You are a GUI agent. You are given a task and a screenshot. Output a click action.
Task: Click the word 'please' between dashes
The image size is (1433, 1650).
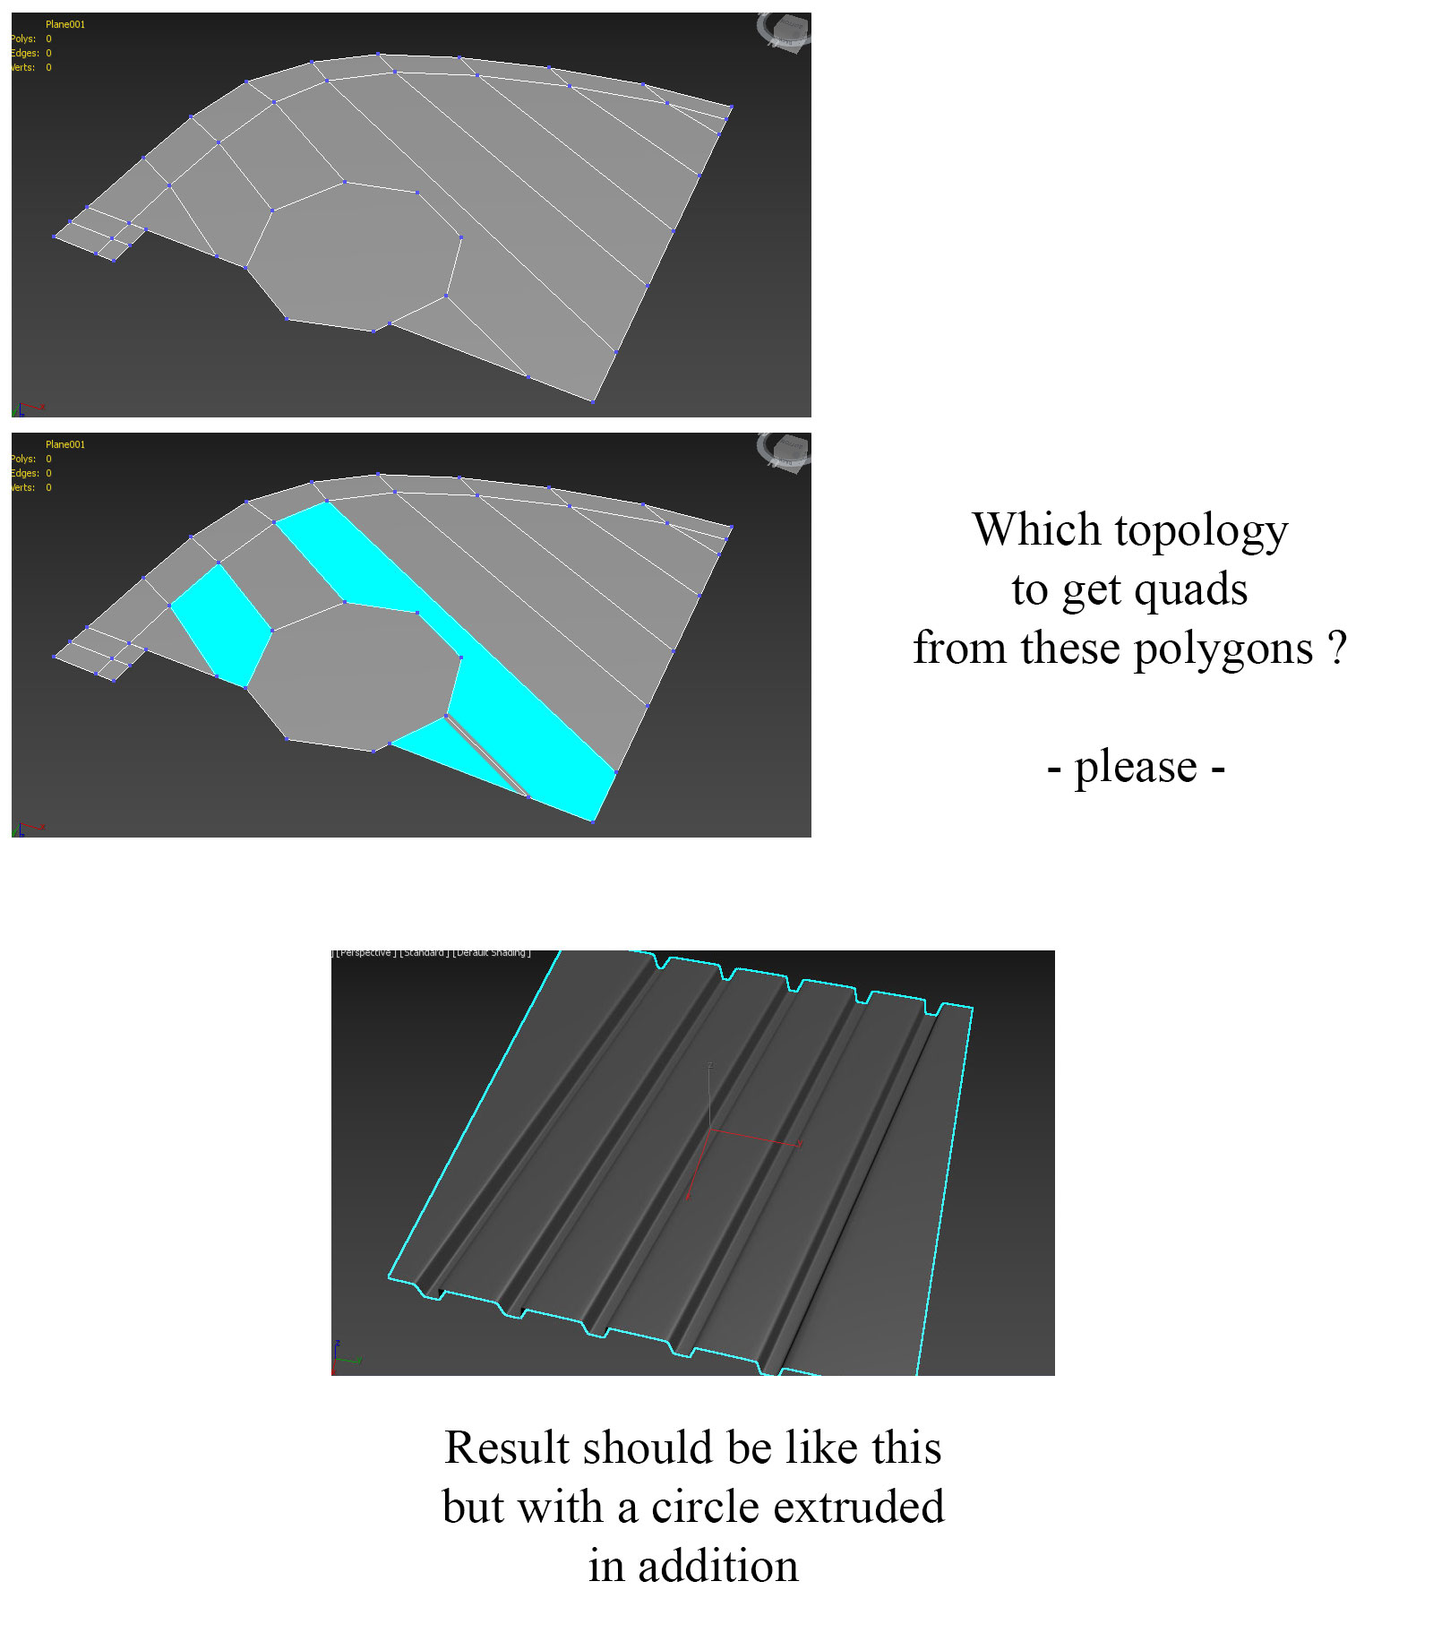point(1136,769)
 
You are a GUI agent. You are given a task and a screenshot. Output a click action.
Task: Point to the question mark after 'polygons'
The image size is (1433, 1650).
point(1336,647)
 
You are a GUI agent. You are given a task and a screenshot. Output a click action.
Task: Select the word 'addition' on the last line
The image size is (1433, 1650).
point(717,1567)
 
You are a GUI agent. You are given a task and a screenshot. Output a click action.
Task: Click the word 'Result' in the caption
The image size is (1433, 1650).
point(507,1448)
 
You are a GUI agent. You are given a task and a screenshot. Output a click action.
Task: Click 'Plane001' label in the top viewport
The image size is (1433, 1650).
point(65,24)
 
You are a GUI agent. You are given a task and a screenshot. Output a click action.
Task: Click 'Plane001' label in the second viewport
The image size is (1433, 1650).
point(65,444)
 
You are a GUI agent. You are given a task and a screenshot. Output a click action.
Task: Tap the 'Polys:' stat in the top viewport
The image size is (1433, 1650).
point(24,39)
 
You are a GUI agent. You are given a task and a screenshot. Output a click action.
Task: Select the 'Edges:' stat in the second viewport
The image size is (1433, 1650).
point(24,473)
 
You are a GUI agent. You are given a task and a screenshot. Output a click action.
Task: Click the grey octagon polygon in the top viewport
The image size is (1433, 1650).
point(354,255)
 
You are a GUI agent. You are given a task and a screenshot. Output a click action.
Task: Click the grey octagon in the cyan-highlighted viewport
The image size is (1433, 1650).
point(354,676)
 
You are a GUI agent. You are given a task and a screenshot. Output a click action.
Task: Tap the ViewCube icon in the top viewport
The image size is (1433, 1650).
point(784,32)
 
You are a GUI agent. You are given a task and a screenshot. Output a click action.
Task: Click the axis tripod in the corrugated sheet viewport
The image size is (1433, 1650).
point(345,1357)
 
